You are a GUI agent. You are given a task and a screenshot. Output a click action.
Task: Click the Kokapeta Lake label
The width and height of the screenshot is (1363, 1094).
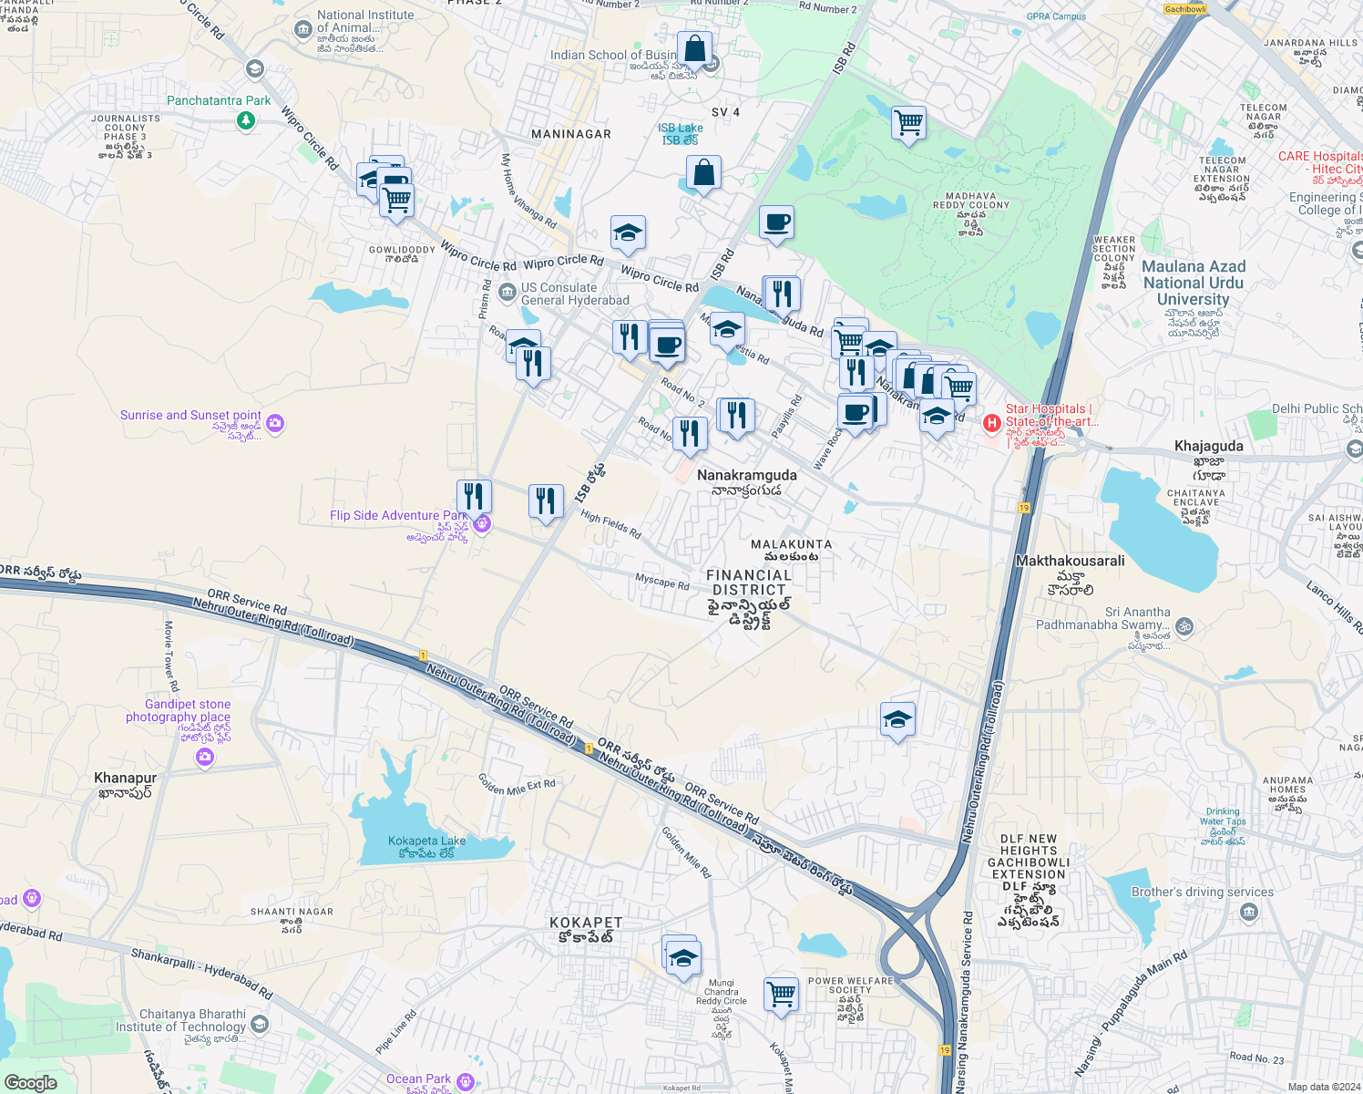coord(426,841)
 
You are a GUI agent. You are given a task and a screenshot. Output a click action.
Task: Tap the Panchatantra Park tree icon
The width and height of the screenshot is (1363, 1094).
coord(245,121)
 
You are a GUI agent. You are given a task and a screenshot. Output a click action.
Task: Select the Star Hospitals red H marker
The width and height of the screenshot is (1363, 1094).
coord(991,423)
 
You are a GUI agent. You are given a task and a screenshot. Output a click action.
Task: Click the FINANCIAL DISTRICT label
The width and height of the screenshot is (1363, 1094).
coord(749,582)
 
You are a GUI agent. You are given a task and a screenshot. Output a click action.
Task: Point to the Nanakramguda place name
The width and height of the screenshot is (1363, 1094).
coord(746,475)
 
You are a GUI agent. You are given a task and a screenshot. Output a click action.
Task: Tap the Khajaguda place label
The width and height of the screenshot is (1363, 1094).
coord(1208,446)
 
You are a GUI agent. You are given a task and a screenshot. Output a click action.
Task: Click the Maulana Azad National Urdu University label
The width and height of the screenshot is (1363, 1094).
coord(1193,283)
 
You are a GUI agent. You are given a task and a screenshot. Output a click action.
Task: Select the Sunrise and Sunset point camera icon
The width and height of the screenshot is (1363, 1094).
coord(275,423)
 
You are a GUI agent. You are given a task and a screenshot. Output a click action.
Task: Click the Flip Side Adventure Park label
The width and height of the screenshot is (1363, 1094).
coord(397,515)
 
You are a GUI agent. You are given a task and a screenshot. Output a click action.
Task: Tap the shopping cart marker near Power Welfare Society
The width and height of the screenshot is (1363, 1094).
coord(781,993)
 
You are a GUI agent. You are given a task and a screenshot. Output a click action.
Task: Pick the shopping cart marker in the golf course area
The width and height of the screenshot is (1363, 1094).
coord(908,122)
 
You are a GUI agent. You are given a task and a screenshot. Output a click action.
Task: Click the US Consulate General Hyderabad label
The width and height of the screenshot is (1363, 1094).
coord(575,294)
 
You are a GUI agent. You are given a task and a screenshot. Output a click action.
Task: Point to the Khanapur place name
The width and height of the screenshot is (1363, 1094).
coord(126,778)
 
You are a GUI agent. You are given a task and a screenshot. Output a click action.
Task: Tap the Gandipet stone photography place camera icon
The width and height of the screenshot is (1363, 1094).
coord(204,757)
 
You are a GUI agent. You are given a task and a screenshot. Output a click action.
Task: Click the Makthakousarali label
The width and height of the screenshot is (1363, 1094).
coord(1070,561)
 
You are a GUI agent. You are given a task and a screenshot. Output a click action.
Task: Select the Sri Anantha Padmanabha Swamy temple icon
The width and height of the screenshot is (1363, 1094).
coord(1184,626)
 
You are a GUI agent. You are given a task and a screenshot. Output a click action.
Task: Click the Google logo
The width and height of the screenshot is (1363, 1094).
coord(31,1082)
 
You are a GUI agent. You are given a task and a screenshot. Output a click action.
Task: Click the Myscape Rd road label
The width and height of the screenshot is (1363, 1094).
coord(661,581)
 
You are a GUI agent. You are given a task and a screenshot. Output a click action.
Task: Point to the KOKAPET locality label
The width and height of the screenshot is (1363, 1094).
coord(586,923)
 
